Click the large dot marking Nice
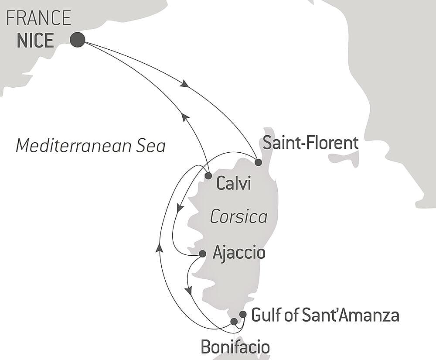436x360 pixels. [77, 40]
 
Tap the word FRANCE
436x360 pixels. [39, 18]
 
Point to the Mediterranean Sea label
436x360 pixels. [91, 146]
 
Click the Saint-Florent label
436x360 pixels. [310, 143]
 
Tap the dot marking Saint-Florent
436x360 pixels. [258, 162]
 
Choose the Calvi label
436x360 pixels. [234, 184]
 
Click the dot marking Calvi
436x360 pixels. [208, 176]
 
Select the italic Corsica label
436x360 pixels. [238, 217]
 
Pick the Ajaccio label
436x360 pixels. [239, 253]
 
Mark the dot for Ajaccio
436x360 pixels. [202, 254]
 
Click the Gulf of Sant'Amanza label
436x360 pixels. [325, 315]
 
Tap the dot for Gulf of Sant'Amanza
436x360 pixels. [243, 315]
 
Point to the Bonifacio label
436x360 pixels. [235, 347]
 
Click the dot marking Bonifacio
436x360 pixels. [234, 322]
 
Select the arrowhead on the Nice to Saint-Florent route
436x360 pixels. [185, 83]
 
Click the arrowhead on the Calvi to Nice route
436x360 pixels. [185, 117]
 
